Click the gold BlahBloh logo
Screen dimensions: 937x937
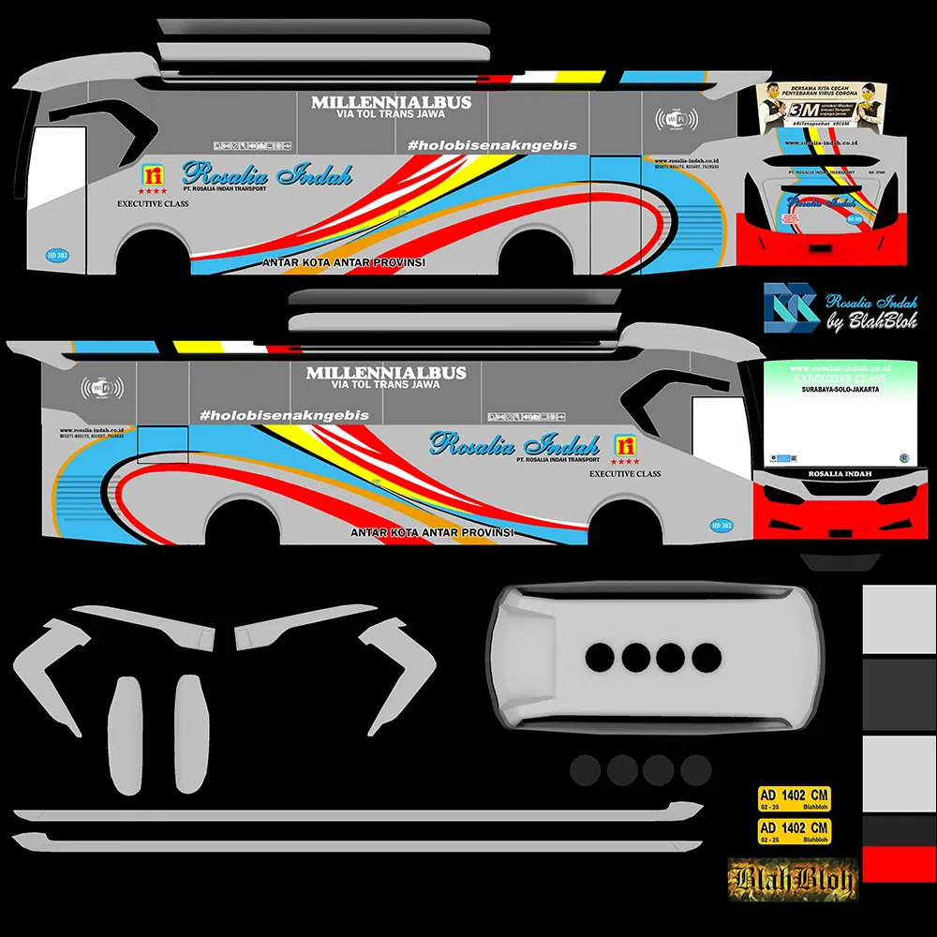coord(793,879)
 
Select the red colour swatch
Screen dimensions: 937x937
coord(899,864)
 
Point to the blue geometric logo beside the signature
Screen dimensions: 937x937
coord(790,308)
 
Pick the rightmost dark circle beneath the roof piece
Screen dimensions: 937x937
coord(695,770)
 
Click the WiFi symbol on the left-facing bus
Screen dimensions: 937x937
coord(677,120)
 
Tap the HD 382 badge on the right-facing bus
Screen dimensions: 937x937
coord(721,526)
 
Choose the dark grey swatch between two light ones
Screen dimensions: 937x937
coord(899,692)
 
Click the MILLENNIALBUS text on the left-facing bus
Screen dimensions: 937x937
coord(391,102)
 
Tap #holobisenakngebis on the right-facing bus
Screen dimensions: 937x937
coord(284,415)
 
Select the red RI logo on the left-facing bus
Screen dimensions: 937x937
coord(152,175)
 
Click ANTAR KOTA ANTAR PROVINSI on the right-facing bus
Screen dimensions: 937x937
coord(433,532)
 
